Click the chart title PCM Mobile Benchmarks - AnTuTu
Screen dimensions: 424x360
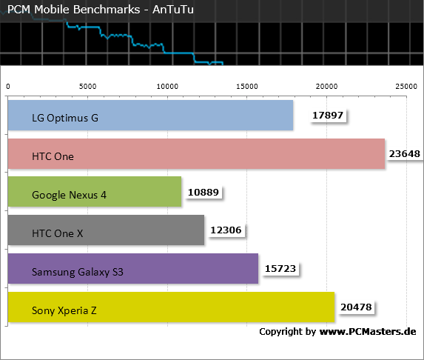click(101, 10)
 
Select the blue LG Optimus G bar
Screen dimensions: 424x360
click(151, 116)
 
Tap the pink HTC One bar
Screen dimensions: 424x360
click(196, 154)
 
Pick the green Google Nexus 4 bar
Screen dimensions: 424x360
click(95, 192)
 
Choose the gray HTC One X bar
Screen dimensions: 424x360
click(106, 230)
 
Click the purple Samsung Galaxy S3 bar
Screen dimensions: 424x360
click(133, 268)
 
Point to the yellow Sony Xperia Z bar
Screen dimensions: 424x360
click(171, 307)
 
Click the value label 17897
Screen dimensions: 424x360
click(328, 116)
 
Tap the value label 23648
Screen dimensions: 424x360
click(405, 154)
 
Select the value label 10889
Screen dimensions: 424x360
click(203, 192)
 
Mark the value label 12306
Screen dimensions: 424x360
click(226, 230)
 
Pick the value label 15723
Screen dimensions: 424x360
click(280, 268)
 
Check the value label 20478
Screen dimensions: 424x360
click(356, 307)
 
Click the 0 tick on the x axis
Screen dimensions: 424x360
click(8, 87)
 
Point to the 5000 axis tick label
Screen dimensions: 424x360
click(87, 87)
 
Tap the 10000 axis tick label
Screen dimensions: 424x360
click(167, 87)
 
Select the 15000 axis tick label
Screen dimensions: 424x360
click(247, 87)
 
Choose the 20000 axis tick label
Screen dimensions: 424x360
click(326, 87)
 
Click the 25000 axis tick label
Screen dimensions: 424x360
click(406, 87)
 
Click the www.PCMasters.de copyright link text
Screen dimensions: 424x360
click(368, 331)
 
